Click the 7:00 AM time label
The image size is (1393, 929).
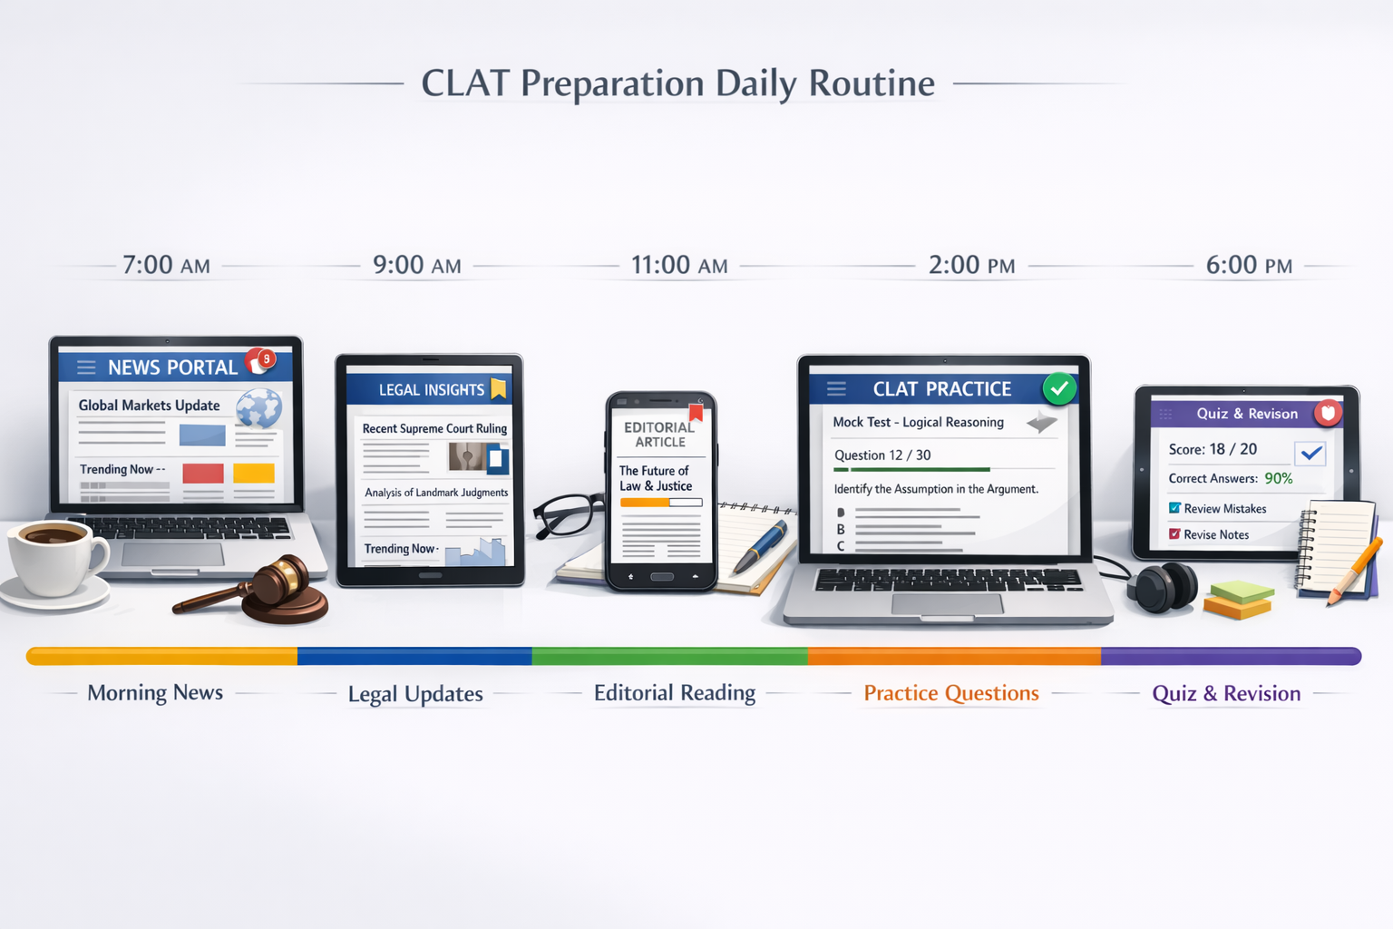(x=166, y=265)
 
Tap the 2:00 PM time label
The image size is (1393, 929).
(x=971, y=265)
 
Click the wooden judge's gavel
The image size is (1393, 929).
(x=272, y=590)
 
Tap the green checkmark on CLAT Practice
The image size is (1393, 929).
(x=1058, y=388)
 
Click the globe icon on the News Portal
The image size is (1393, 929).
(x=259, y=408)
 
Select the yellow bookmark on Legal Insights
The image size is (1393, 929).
(x=498, y=389)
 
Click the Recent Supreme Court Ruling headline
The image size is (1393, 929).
(x=434, y=428)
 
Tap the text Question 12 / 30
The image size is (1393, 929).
(x=882, y=455)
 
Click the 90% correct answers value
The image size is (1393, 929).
(x=1279, y=478)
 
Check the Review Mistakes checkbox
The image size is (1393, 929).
(x=1175, y=508)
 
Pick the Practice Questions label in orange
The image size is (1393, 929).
(x=951, y=693)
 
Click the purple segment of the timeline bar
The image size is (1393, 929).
(x=1230, y=656)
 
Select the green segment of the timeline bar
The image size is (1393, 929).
(x=669, y=656)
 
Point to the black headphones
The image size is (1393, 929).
(x=1162, y=587)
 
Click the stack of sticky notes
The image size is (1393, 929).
(x=1239, y=600)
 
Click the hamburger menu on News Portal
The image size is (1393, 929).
(x=86, y=367)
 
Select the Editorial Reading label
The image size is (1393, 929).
(x=674, y=693)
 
